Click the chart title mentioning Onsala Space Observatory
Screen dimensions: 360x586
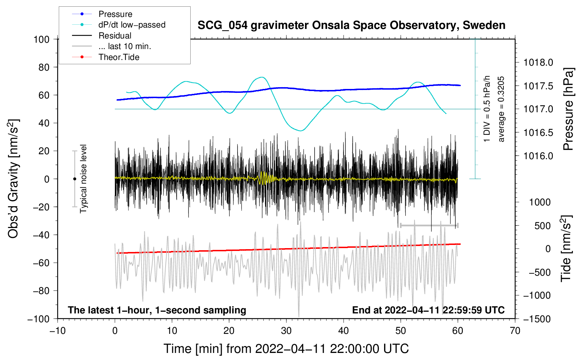pos(351,25)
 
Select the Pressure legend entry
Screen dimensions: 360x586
pos(115,14)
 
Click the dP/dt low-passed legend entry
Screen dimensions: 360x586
pos(132,25)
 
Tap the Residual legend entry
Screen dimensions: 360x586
pos(115,36)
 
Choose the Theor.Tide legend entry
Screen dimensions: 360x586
pos(119,57)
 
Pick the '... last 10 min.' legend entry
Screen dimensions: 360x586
pos(125,46)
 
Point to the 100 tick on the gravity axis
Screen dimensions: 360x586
pos(41,39)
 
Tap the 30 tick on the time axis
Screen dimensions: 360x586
pos(286,331)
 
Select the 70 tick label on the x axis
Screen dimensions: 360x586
pos(515,331)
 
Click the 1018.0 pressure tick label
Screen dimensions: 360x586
pos(538,63)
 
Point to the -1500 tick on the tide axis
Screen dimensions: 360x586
pos(537,319)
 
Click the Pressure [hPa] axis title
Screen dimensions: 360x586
pos(568,109)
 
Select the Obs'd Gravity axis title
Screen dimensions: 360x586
pos(13,179)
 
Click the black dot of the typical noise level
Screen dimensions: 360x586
pos(74,179)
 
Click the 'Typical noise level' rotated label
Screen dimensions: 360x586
pos(83,179)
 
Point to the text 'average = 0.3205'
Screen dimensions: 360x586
pos(501,109)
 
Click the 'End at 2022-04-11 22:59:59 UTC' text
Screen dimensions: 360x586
pos(428,310)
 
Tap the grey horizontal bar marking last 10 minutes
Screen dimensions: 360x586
pos(429,225)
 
